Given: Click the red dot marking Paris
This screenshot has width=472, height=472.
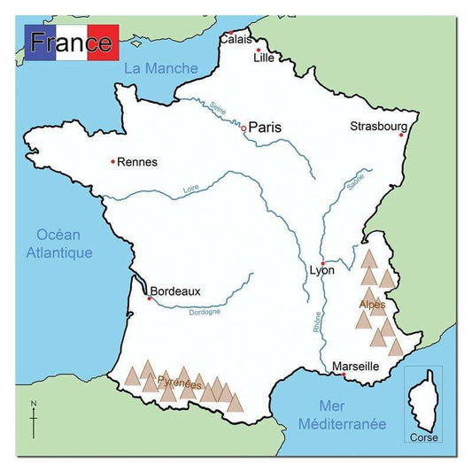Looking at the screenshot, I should coord(244,129).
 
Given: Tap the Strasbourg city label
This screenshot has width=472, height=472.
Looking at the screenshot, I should coord(378,126).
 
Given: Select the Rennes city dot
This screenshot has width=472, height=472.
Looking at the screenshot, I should coord(112,161).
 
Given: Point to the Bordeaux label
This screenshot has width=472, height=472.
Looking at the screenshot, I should coord(175,290).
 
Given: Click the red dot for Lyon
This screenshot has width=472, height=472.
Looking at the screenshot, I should coord(323,263).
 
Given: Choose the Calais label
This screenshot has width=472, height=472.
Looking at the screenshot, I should coord(236,39).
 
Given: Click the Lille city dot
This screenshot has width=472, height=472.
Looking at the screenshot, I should coord(258,50).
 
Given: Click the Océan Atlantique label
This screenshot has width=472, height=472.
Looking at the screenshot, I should coord(64,244).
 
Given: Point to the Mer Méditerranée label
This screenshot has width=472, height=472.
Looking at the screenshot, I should coord(342,415).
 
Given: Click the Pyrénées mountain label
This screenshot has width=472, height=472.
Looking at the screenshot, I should coord(179,383).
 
